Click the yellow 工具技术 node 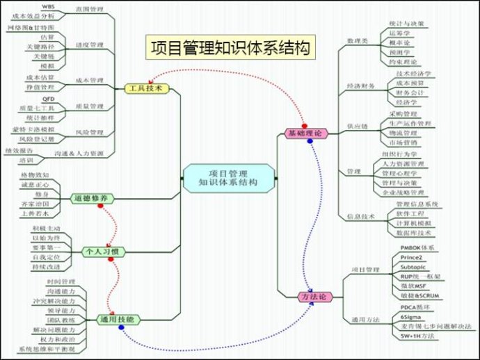pos(146,88)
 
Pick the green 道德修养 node pos(91,199)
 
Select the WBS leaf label pos(58,6)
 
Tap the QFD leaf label pos(49,100)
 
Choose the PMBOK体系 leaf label pos(417,247)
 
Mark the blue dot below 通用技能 pos(122,328)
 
